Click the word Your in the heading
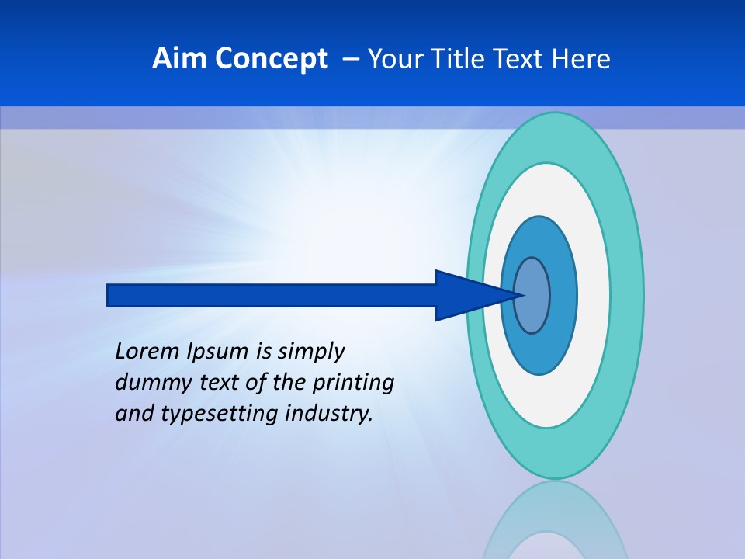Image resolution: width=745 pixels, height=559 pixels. (394, 59)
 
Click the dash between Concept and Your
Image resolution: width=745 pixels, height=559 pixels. (350, 60)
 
